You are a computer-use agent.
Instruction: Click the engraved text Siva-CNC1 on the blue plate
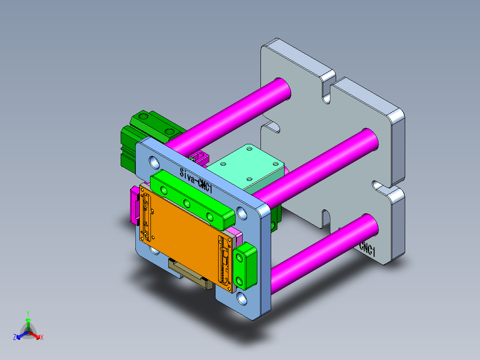[x=196, y=180]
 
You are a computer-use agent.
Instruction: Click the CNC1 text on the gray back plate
[x=368, y=248]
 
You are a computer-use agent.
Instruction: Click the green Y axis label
[x=28, y=313]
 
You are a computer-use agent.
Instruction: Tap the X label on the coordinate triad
[x=42, y=337]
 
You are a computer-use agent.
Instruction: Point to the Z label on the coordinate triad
[x=15, y=337]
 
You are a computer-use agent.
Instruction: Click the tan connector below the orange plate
[x=189, y=274]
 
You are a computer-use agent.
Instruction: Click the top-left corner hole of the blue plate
[x=154, y=160]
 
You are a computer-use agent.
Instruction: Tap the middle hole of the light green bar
[x=187, y=204]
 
